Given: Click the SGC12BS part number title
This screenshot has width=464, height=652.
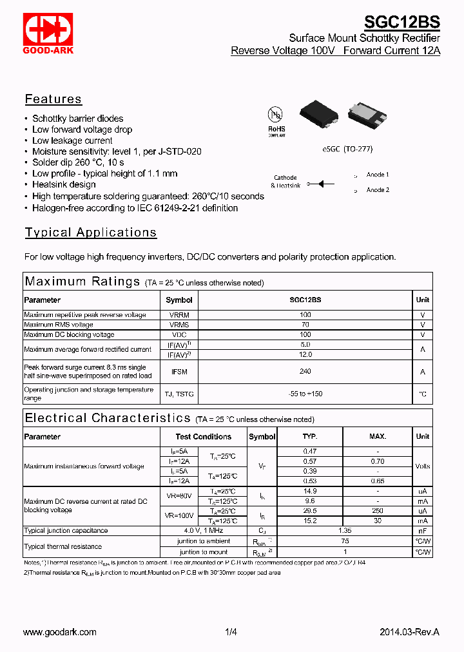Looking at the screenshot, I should click(401, 23).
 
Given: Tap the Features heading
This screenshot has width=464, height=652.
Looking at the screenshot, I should click(53, 99).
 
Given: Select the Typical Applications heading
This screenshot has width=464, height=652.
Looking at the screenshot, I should click(91, 233).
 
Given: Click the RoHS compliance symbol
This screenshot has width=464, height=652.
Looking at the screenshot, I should click(276, 119).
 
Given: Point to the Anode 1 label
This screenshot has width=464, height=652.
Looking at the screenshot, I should click(378, 175).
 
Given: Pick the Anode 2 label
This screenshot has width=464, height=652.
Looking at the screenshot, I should click(378, 190).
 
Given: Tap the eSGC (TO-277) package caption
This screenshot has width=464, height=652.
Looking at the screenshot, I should click(347, 149).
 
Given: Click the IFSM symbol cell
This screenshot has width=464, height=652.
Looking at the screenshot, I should click(179, 371).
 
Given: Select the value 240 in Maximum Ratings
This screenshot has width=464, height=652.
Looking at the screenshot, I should click(305, 371).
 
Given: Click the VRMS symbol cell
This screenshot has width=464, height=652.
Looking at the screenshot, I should click(179, 325).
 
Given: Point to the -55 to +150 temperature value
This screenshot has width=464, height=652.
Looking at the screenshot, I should click(305, 394).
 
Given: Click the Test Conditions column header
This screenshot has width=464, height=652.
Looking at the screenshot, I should click(203, 437).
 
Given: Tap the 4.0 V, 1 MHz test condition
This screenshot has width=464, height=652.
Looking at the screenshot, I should click(203, 531).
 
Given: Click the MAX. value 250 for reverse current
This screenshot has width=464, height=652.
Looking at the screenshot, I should click(378, 511).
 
